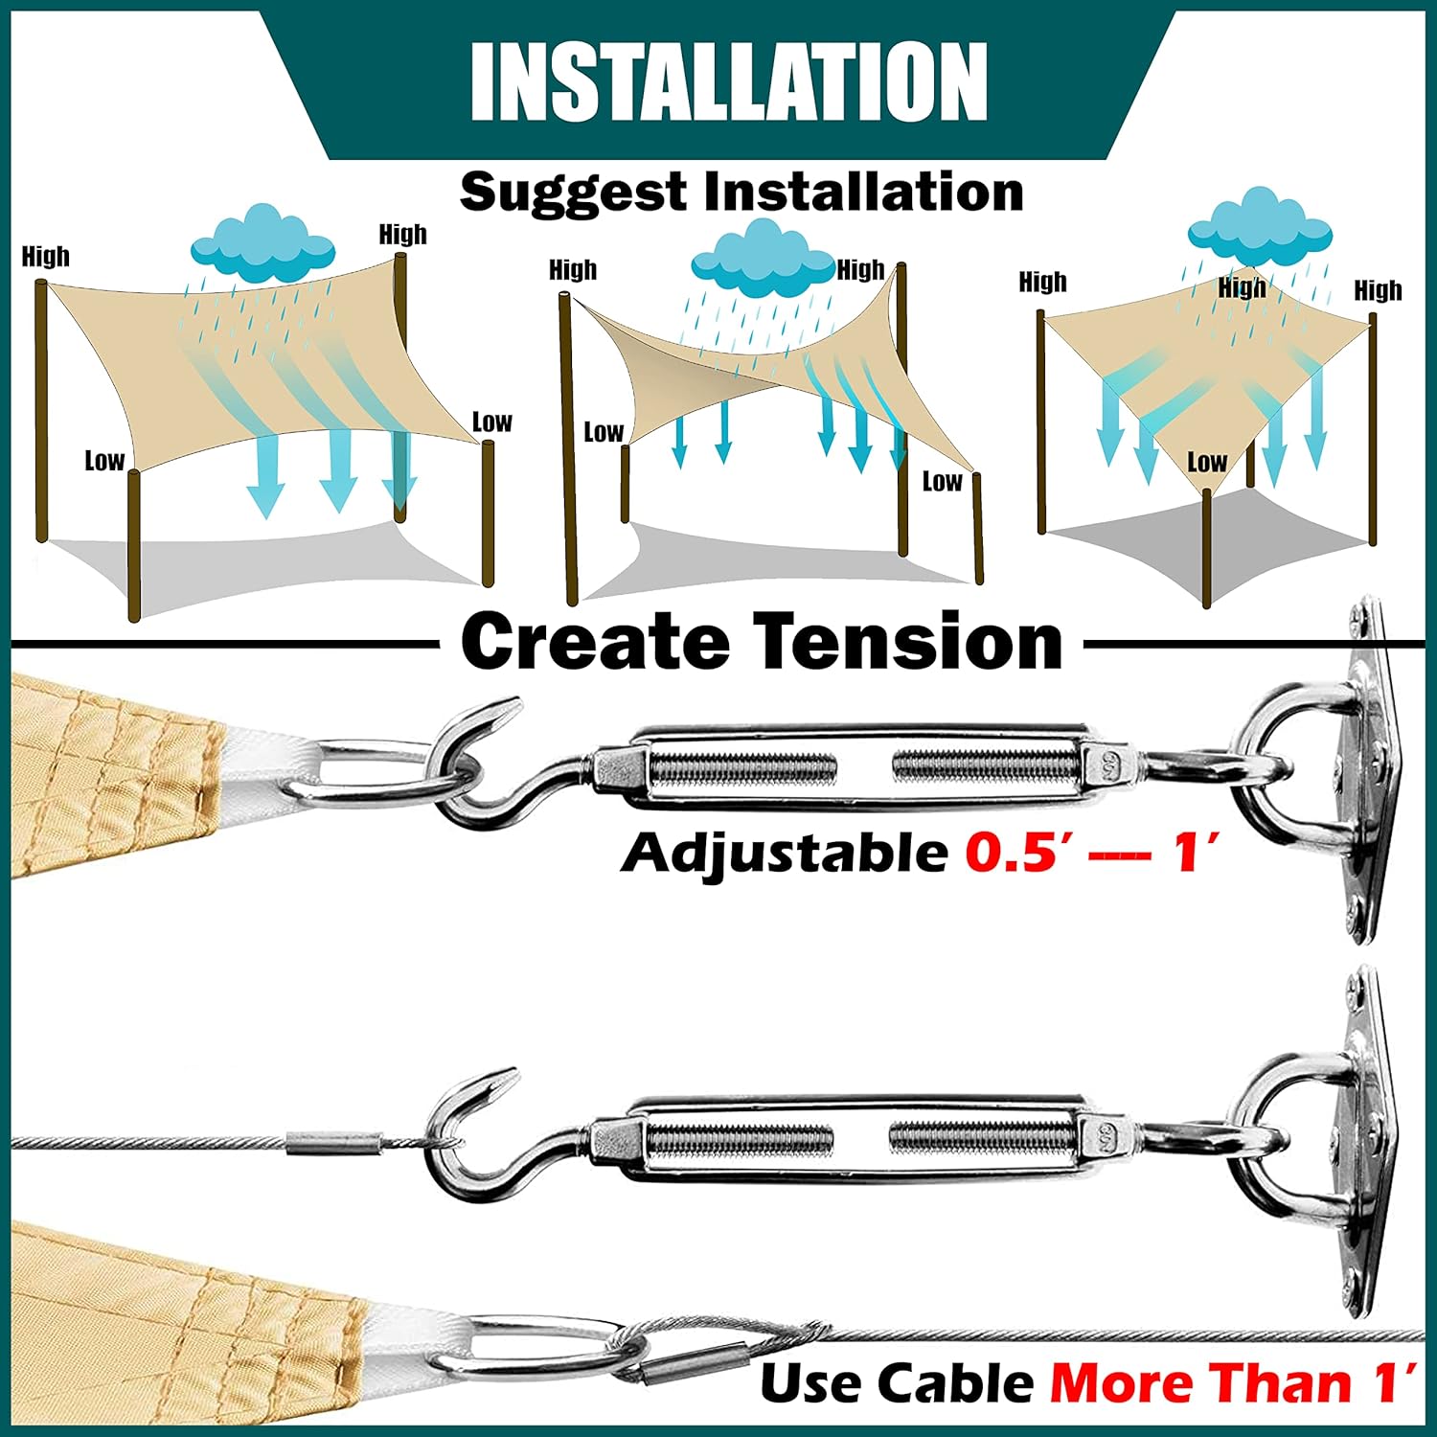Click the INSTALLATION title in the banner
728,81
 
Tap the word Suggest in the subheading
574,193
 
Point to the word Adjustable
785,853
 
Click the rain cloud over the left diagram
262,243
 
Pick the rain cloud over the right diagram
1260,227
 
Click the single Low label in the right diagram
1207,462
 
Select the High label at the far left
46,257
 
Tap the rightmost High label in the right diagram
1378,290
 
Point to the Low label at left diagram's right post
492,422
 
